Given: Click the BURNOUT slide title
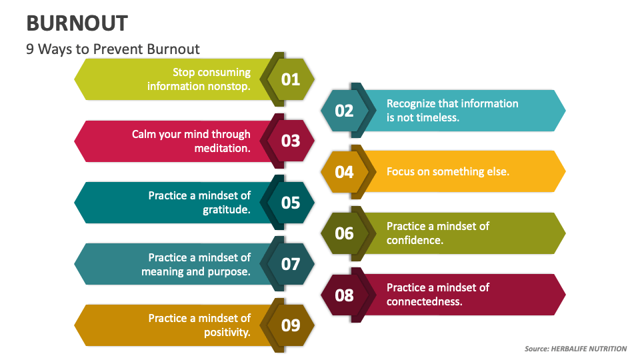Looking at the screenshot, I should click(x=77, y=23).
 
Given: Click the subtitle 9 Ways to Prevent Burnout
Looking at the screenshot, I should click(x=113, y=49).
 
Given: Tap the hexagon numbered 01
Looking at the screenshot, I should click(x=291, y=80).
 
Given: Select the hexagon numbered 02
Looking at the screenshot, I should click(x=344, y=111).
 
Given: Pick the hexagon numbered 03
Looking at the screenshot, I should click(x=291, y=141).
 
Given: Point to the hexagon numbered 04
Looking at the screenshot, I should click(x=344, y=172).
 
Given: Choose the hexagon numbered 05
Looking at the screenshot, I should click(x=291, y=203).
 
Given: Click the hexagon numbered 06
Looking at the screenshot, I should click(x=344, y=233).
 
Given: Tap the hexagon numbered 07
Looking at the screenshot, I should click(x=291, y=264).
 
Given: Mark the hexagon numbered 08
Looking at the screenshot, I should click(x=344, y=295).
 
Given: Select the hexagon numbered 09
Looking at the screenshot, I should click(x=291, y=325).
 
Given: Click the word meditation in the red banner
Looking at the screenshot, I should click(x=222, y=148).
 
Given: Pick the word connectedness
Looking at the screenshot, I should click(x=425, y=301).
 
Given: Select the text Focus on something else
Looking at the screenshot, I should click(x=448, y=172).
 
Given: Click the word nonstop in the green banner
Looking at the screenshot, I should click(x=228, y=87).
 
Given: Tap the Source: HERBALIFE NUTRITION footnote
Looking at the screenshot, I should click(x=575, y=349).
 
